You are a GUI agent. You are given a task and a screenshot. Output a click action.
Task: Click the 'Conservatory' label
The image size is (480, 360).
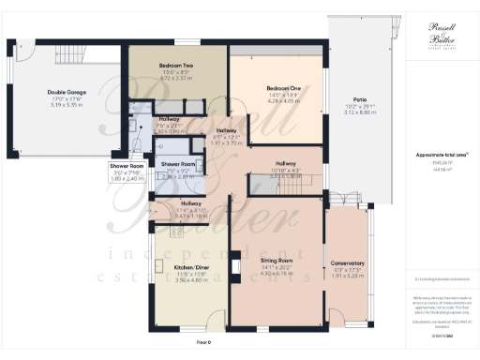(x=349, y=263)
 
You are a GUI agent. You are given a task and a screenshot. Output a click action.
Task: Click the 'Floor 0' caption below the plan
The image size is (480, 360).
(x=205, y=343)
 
